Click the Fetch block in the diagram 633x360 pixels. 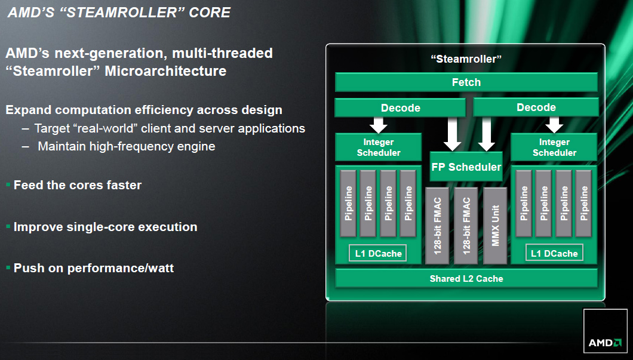pyautogui.click(x=466, y=82)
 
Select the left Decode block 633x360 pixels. pyautogui.click(x=400, y=107)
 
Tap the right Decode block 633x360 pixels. pyautogui.click(x=536, y=107)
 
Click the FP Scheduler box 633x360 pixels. pyautogui.click(x=466, y=167)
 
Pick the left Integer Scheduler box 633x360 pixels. pyautogui.click(x=378, y=147)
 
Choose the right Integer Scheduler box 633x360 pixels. pyautogui.click(x=554, y=147)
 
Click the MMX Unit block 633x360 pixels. pyautogui.click(x=495, y=226)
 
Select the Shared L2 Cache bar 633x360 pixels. pyautogui.click(x=466, y=278)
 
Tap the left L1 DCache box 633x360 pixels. pyautogui.click(x=378, y=253)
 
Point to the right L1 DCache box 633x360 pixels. pyautogui.click(x=554, y=253)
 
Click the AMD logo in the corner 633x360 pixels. pyautogui.click(x=605, y=331)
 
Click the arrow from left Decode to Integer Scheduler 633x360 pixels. pyautogui.click(x=378, y=125)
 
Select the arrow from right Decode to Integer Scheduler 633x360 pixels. pyautogui.click(x=554, y=125)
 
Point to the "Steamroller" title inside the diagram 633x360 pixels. pyautogui.click(x=466, y=59)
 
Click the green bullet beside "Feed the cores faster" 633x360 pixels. pyautogui.click(x=8, y=185)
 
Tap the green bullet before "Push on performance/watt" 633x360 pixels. pyautogui.click(x=8, y=267)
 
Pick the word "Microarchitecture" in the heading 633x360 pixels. pyautogui.click(x=165, y=71)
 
